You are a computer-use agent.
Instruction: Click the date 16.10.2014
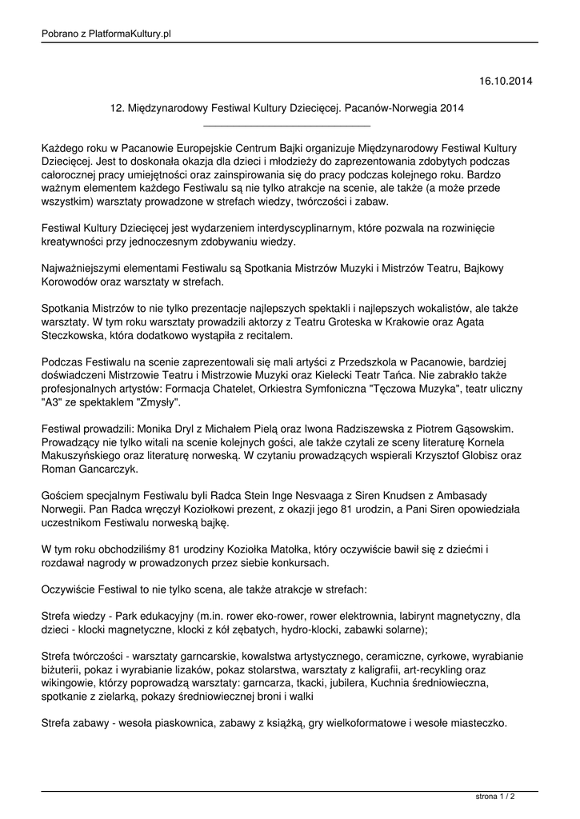[505, 81]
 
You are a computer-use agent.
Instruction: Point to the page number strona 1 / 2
[494, 797]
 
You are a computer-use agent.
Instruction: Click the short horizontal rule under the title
[287, 126]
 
